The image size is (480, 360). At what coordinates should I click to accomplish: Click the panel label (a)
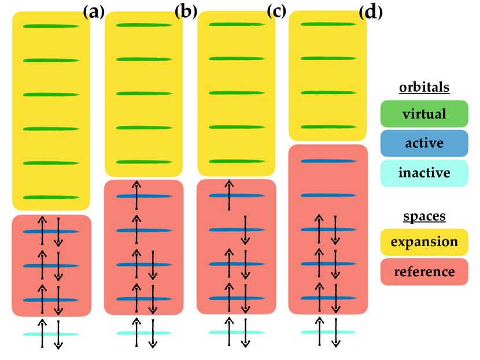94,12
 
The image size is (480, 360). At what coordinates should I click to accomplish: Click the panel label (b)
186,12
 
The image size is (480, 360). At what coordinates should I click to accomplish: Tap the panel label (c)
276,12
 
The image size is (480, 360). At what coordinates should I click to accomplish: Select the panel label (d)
371,12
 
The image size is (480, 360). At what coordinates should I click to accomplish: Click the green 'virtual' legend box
424,114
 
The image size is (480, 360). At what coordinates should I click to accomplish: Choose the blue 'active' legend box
424,143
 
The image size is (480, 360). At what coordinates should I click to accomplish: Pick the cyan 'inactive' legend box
424,173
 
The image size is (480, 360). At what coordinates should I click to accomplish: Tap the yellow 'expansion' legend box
424,242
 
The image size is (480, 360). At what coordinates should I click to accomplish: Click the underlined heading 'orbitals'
424,88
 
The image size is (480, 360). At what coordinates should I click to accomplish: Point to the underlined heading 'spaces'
424,217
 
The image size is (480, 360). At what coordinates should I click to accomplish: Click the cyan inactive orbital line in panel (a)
51,335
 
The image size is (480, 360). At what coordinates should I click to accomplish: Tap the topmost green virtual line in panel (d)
328,24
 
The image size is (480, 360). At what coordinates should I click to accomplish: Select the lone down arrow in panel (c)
245,230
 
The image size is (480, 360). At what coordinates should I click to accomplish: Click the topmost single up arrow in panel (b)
136,195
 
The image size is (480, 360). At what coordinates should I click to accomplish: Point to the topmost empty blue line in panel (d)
328,161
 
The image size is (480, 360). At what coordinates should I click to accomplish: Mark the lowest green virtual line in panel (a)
51,197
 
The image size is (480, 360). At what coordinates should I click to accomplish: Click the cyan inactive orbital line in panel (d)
328,332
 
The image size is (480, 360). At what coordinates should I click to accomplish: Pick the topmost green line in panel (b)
144,25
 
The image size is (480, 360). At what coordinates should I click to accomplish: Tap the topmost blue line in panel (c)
237,195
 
